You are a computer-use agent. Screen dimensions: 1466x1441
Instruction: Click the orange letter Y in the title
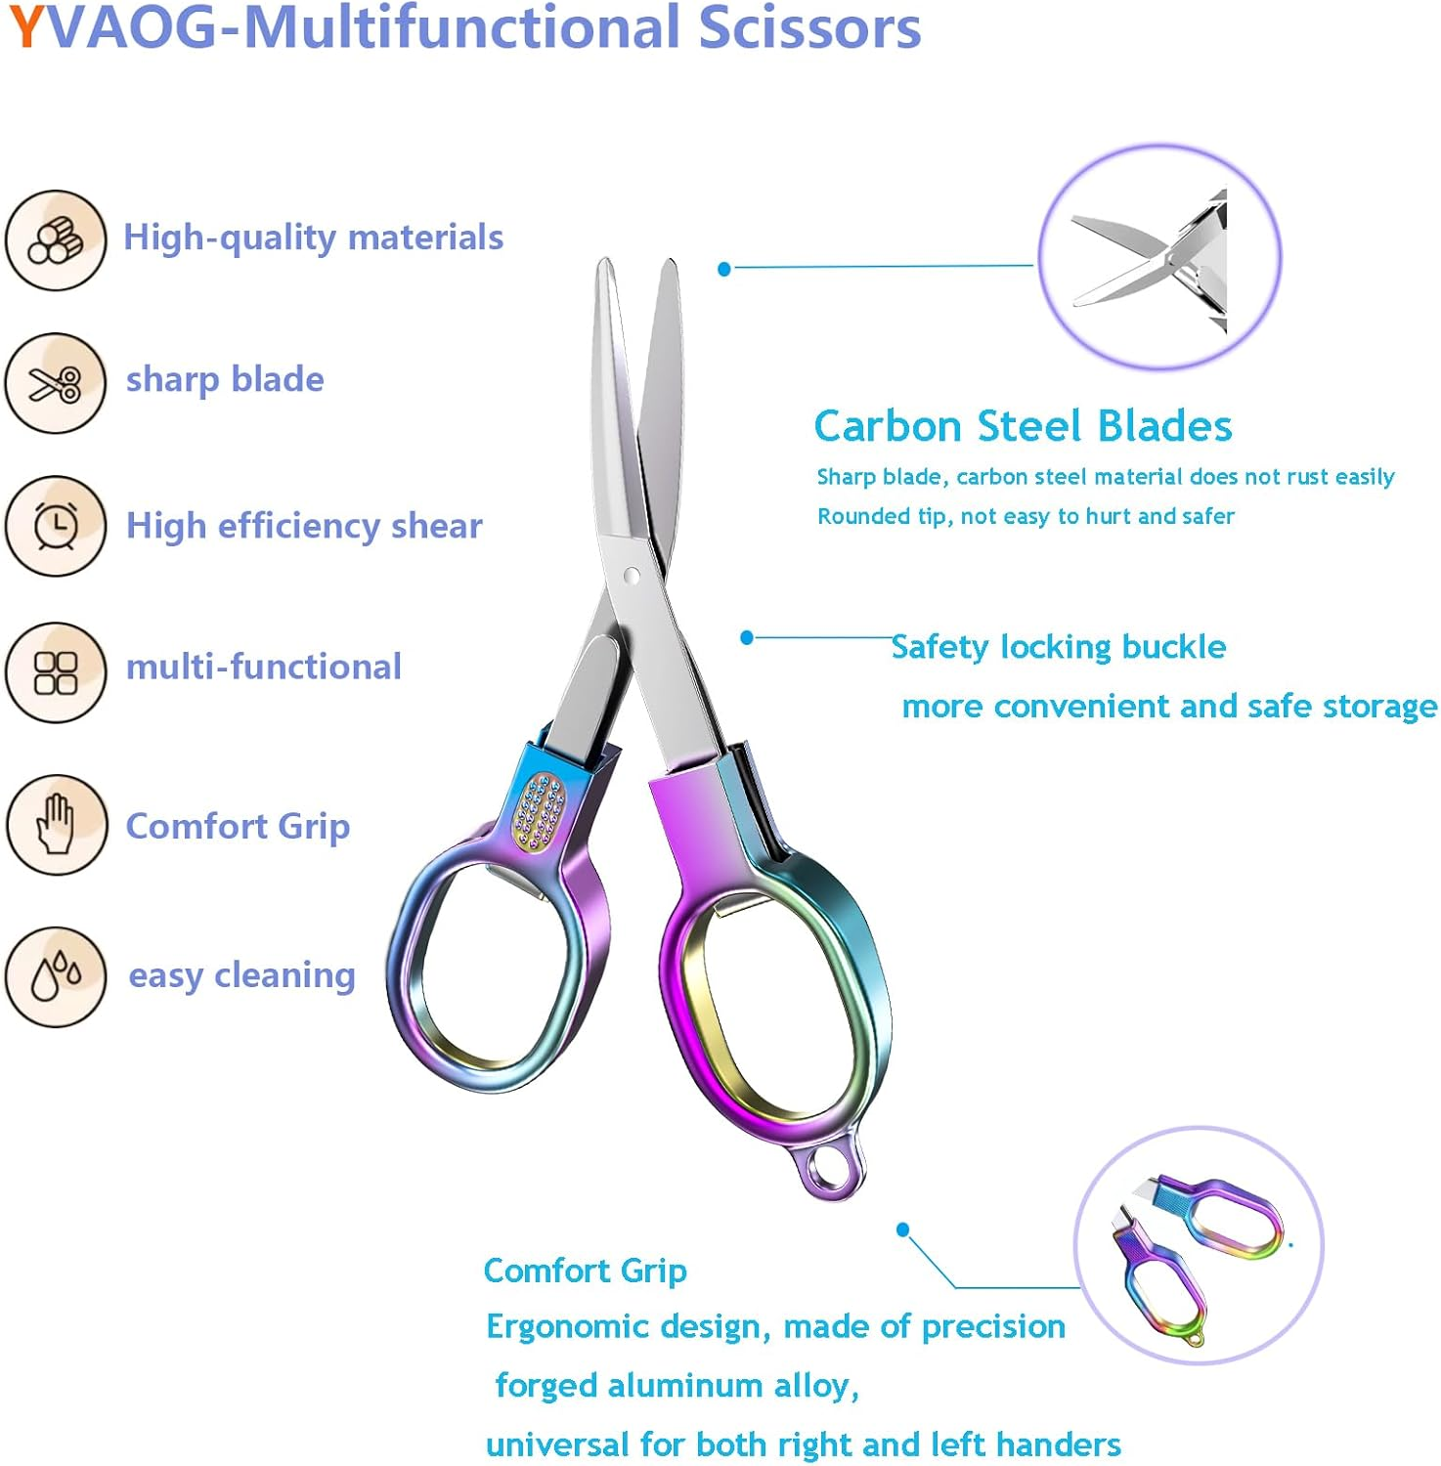point(26,27)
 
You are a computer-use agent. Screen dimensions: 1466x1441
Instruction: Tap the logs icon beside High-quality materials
point(55,240)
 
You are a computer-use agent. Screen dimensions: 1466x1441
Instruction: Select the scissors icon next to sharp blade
point(55,383)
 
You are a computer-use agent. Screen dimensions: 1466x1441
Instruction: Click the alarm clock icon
point(55,526)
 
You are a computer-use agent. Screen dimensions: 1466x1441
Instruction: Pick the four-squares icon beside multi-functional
point(55,672)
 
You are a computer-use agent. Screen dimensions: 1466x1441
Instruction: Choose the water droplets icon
point(55,976)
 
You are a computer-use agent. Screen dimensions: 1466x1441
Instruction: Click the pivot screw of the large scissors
point(631,577)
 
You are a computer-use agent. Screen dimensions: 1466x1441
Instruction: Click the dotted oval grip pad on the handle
point(540,811)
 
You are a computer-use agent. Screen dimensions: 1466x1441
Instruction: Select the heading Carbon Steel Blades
point(1023,426)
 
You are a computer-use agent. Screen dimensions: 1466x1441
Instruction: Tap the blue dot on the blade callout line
point(724,269)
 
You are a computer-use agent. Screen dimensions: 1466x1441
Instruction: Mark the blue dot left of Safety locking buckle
point(747,638)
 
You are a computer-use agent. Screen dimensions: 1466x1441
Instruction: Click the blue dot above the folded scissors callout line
point(903,1229)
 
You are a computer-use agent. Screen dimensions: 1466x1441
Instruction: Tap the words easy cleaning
point(241,975)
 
